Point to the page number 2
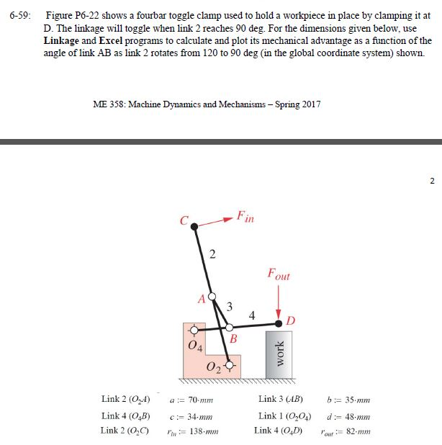point(432,180)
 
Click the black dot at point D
point(279,324)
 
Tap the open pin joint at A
point(212,297)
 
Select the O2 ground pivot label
point(215,369)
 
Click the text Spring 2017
point(298,104)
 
